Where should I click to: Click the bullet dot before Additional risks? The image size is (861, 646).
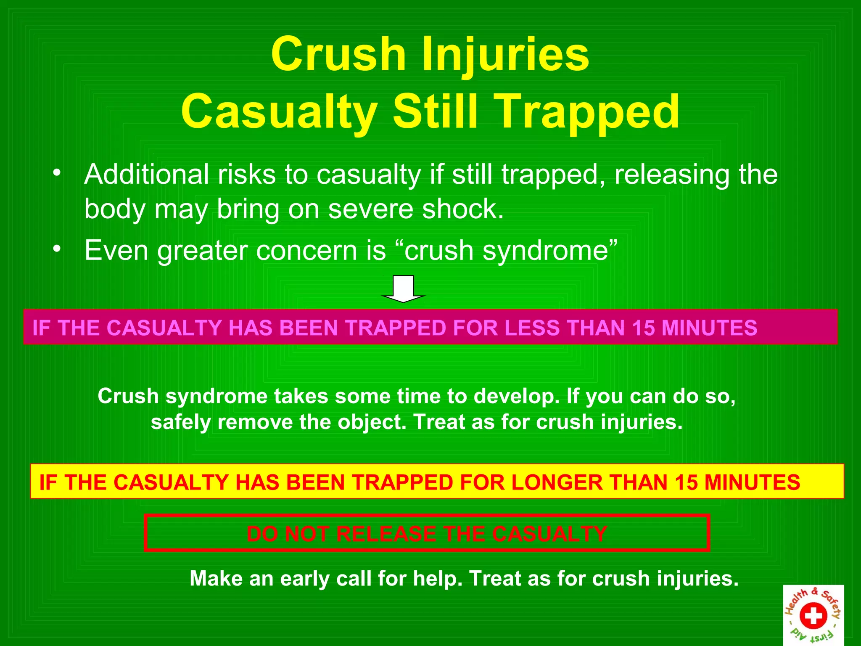pyautogui.click(x=57, y=173)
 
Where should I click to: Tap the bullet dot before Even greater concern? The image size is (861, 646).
pyautogui.click(x=57, y=249)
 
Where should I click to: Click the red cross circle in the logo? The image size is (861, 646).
pyautogui.click(x=813, y=616)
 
